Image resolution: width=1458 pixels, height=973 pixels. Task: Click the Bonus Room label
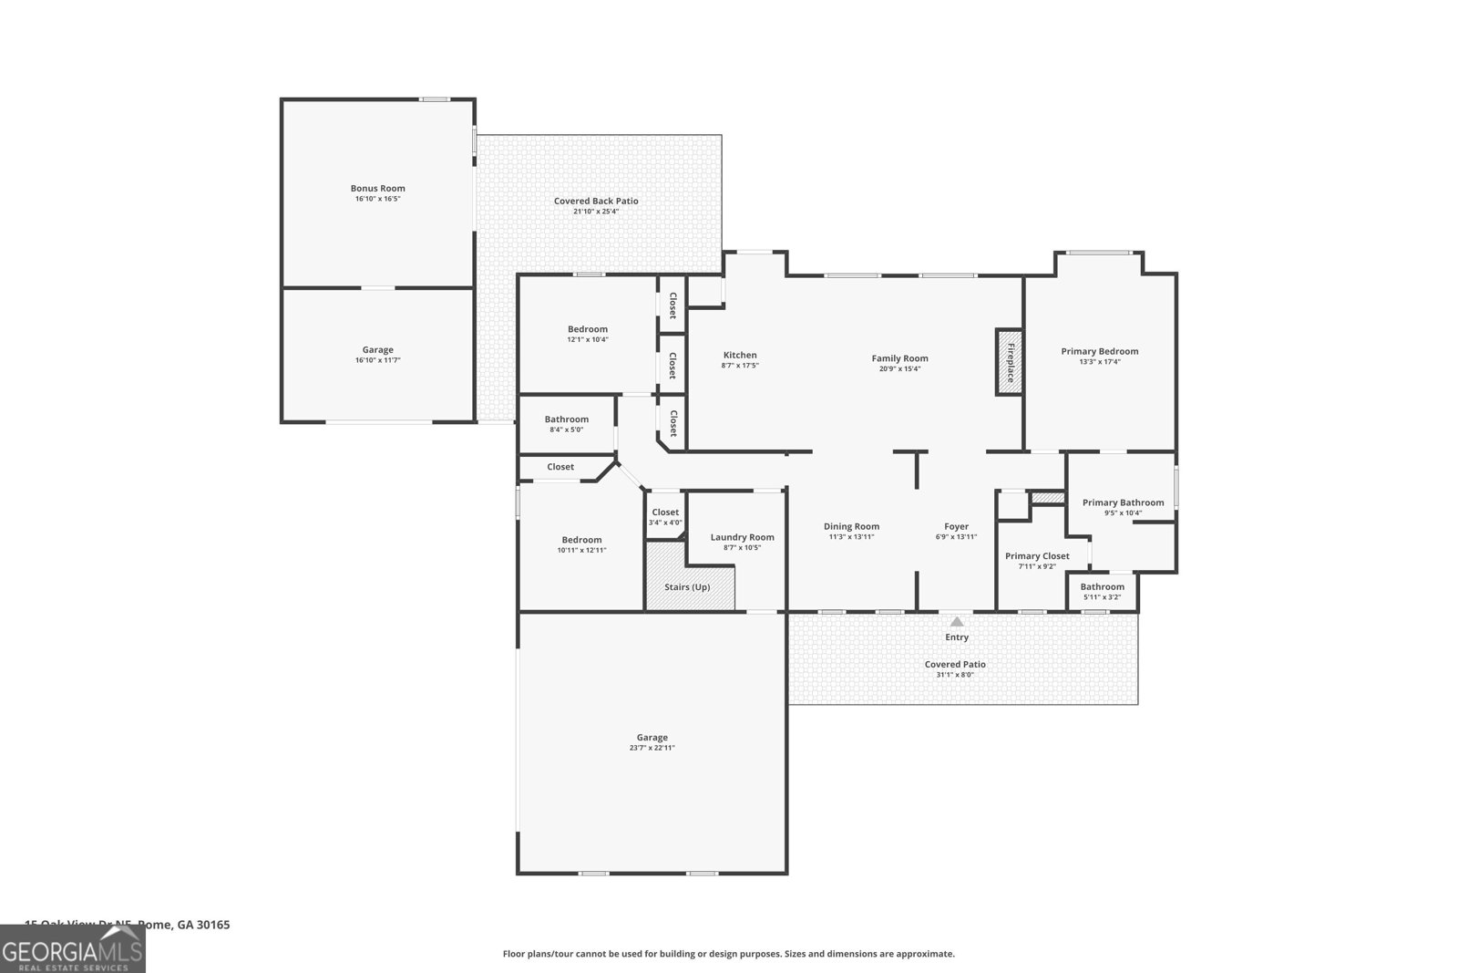coord(378,189)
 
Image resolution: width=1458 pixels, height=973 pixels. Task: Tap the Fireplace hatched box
coord(1009,362)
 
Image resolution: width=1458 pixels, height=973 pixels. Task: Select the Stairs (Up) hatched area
coord(690,576)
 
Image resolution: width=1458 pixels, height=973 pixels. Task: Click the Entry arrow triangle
coord(957,622)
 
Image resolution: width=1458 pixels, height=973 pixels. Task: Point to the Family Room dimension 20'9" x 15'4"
coord(899,369)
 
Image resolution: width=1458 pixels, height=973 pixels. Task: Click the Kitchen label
coord(740,356)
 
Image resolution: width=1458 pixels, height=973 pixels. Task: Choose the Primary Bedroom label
coord(1099,351)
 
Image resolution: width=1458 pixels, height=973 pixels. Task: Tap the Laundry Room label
coord(742,537)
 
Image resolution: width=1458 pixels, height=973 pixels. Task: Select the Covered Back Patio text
coord(596,201)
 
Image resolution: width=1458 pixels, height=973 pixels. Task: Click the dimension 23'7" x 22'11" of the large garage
coord(652,748)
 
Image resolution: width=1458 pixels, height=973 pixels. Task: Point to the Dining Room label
coord(851,526)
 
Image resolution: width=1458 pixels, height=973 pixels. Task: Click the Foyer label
coord(956,526)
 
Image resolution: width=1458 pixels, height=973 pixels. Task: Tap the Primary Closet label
coord(1037,556)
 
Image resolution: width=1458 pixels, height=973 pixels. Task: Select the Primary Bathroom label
coord(1123,502)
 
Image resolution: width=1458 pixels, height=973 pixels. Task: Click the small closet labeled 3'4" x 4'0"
coord(665,517)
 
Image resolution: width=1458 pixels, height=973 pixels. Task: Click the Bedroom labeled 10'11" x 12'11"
coord(581,544)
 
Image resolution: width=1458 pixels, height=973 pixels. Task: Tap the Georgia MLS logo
coord(72,949)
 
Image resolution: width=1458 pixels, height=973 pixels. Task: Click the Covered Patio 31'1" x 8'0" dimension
coord(955,675)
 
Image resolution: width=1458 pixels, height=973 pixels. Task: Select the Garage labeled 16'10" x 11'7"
coord(377,355)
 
